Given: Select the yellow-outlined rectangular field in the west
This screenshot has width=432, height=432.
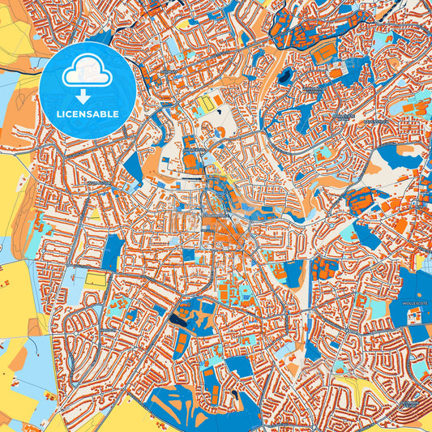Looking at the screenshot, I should point(96,280).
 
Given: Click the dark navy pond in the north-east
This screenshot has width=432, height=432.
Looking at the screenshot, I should point(285,77).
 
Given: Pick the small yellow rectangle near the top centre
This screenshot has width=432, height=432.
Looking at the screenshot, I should point(207,105).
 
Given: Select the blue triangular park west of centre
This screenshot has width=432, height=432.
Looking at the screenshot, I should point(132,166).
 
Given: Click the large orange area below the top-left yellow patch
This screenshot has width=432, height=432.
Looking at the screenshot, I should point(20,122).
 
